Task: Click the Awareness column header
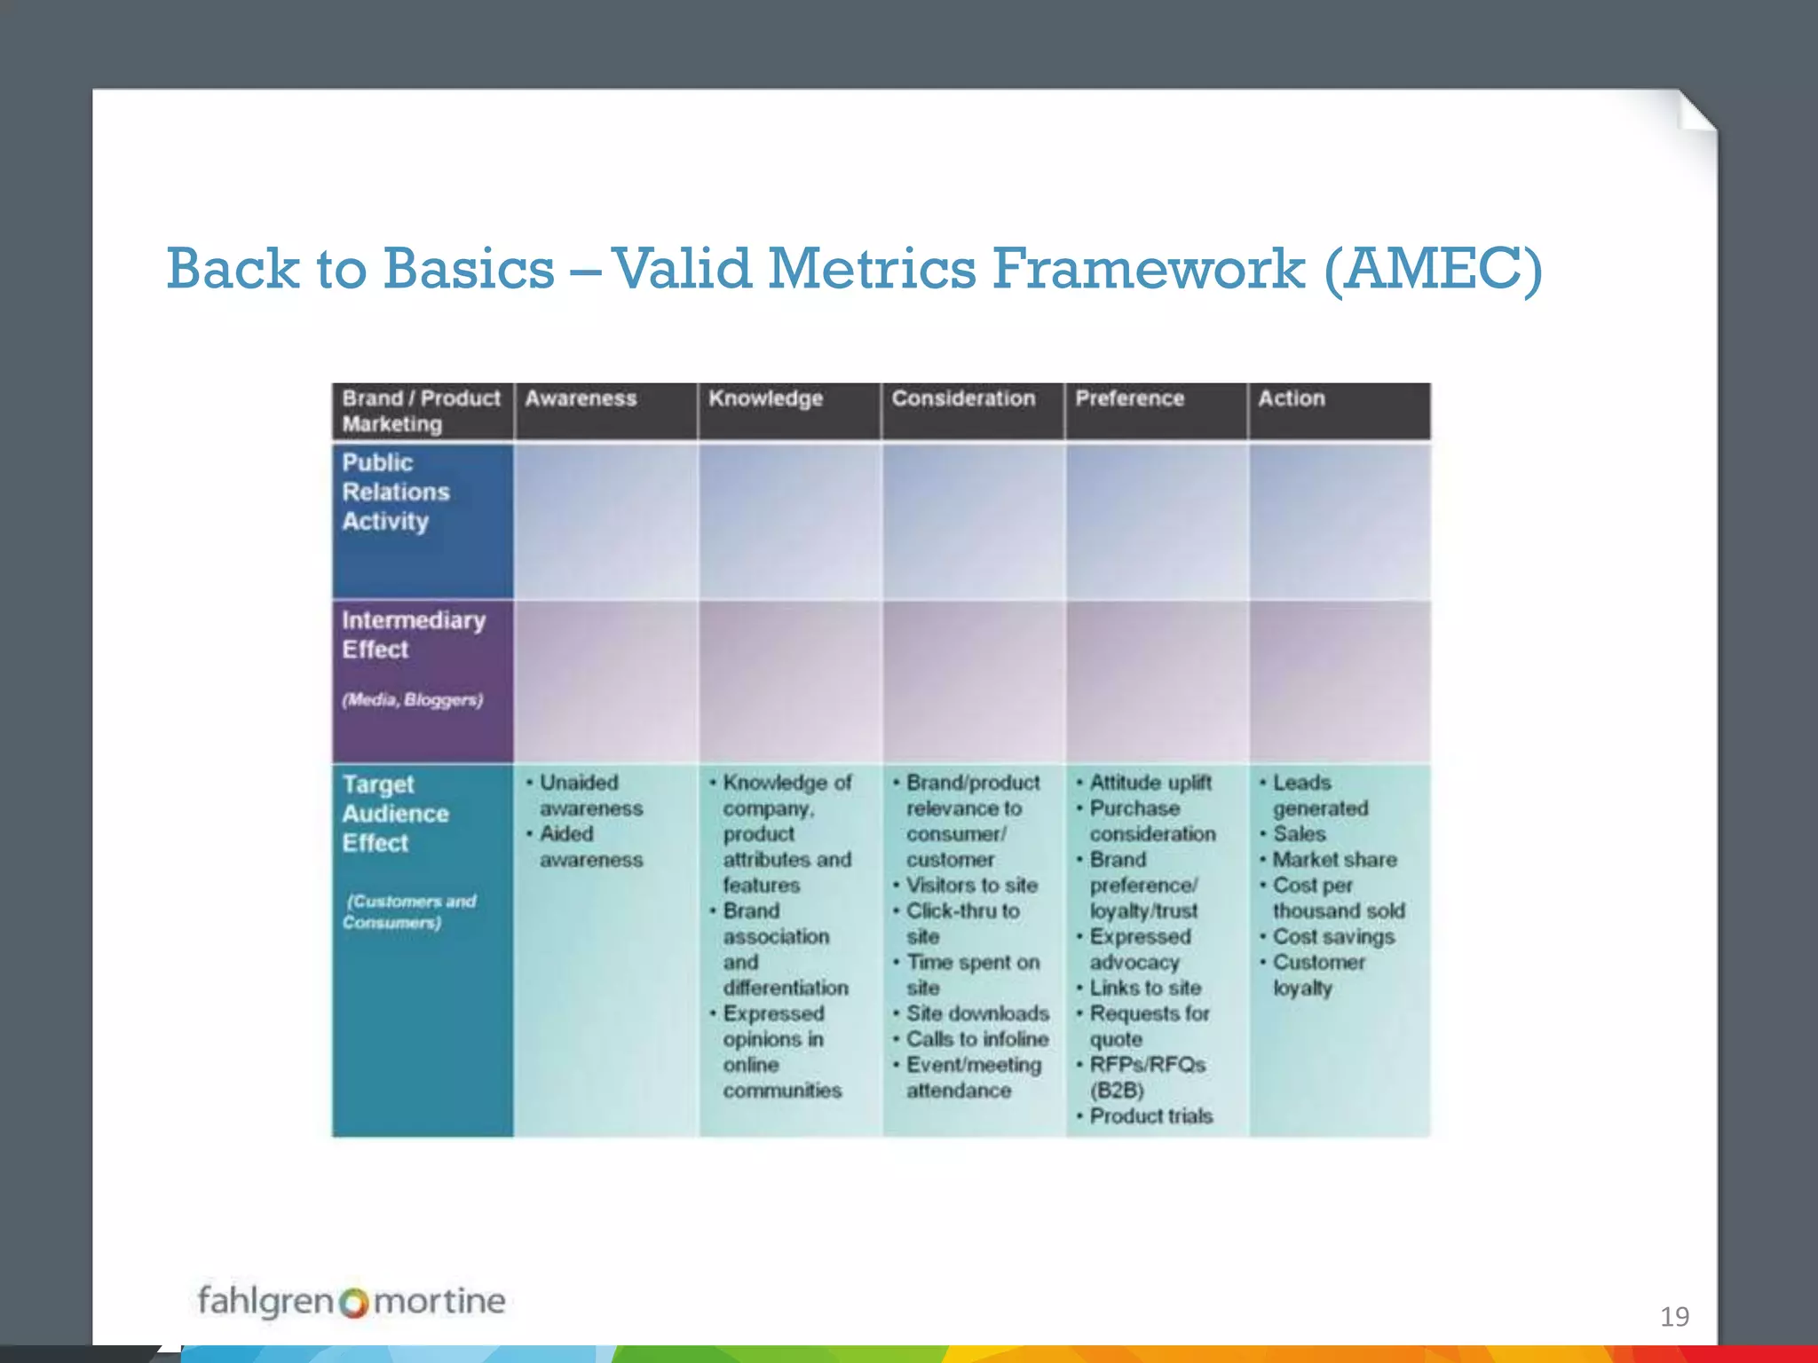[581, 398]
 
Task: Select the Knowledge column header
[765, 398]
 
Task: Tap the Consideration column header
[963, 398]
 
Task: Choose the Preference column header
[1129, 398]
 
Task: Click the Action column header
[1291, 398]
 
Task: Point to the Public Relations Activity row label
[395, 492]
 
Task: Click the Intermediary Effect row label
[413, 634]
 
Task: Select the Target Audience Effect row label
[395, 813]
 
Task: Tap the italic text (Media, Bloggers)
[413, 699]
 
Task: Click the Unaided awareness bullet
[590, 795]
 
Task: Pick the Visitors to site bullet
[971, 885]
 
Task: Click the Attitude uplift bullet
[1150, 783]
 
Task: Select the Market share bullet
[1334, 859]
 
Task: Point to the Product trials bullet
[1150, 1115]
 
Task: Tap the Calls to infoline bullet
[976, 1038]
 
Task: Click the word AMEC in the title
[1433, 269]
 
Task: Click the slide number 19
[1674, 1316]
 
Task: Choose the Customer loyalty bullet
[1318, 974]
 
